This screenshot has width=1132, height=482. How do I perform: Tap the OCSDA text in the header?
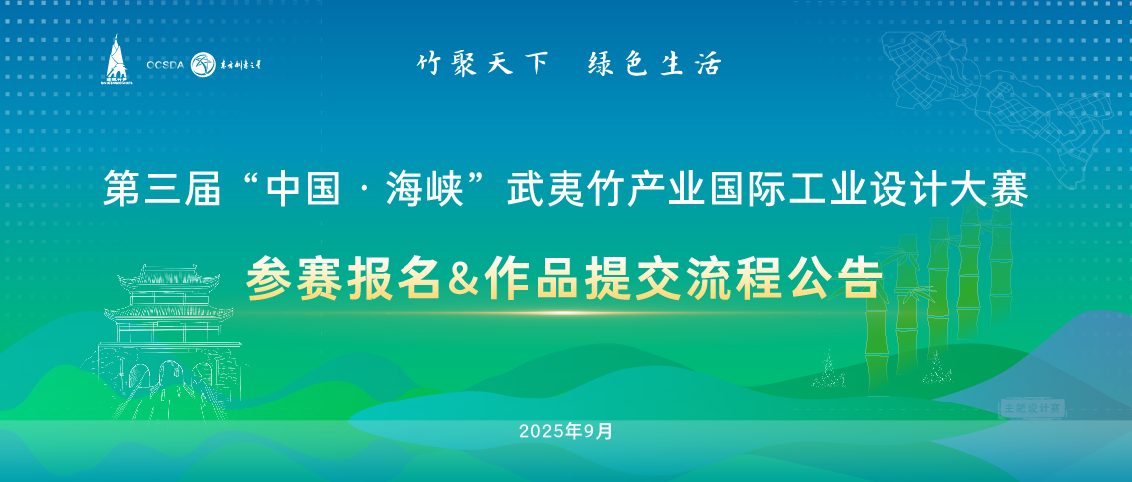coord(165,65)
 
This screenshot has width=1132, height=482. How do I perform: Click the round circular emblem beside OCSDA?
coord(202,64)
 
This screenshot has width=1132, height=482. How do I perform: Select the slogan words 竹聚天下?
coord(482,64)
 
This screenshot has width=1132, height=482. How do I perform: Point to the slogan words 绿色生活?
coord(654,64)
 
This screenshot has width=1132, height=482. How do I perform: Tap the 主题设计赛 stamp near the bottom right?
coord(1032,407)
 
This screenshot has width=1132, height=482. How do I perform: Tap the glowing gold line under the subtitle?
coord(565,313)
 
